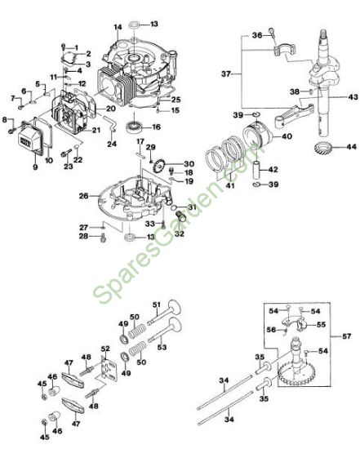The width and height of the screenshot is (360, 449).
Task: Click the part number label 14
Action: tap(118, 27)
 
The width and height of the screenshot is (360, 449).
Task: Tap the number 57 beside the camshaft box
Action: tap(346, 336)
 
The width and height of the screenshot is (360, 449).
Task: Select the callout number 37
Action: tap(226, 73)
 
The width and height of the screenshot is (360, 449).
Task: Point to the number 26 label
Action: tap(83, 196)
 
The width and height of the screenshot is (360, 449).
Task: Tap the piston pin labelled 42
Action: tap(256, 170)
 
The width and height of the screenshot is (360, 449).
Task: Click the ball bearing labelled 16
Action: tap(135, 127)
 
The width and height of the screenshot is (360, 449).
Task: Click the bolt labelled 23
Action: tap(66, 153)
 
